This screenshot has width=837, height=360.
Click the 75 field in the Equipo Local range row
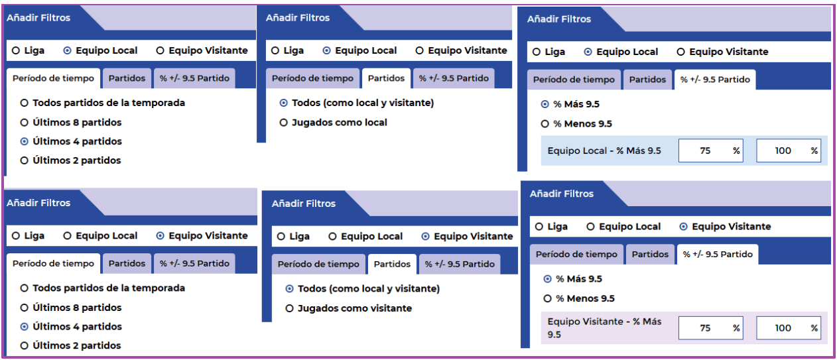711,150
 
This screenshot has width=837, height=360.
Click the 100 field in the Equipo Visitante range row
789,328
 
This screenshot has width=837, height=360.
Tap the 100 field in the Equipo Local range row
789,150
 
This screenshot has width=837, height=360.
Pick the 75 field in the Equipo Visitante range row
711,328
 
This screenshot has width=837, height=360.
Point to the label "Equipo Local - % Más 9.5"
604,150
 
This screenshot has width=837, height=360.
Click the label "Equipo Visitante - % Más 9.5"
604,328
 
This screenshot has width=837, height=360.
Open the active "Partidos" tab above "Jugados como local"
386,78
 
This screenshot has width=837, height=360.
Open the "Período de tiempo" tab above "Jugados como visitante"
318,264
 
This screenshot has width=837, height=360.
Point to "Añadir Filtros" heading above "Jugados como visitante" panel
303,204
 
